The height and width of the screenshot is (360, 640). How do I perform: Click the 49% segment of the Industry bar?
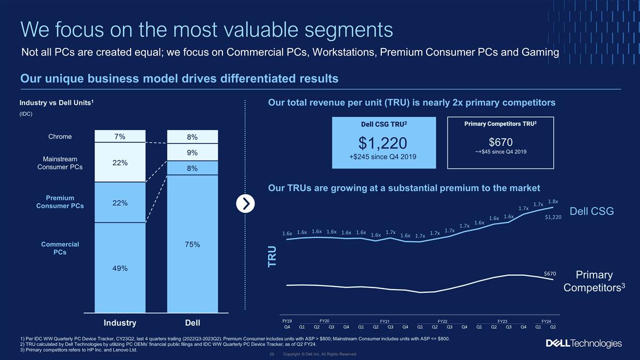tap(120, 268)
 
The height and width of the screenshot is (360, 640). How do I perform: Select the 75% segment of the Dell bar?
tap(193, 244)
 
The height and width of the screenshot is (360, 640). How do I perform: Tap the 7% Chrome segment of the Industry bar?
tap(120, 137)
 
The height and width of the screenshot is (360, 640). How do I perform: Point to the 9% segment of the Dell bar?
tap(193, 153)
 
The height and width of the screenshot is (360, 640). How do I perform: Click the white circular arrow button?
tap(245, 204)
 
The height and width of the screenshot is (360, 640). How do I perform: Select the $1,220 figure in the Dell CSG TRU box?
tap(382, 143)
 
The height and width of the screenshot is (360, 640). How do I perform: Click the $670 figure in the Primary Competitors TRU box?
tap(501, 142)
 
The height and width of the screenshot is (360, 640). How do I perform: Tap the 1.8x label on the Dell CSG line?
tap(553, 202)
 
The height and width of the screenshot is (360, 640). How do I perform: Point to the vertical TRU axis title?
tap(272, 257)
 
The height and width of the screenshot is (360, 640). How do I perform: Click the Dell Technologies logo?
tap(583, 343)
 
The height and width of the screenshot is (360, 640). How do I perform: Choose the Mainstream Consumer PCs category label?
tap(60, 163)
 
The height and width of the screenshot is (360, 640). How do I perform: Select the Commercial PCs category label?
tap(60, 248)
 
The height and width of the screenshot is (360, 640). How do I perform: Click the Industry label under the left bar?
tap(120, 323)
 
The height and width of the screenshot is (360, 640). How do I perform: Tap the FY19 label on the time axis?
tap(287, 321)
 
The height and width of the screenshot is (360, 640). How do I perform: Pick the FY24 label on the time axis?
tap(546, 321)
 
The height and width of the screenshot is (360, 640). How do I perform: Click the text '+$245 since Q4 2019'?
tap(382, 157)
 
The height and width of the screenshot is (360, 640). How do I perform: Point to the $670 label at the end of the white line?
tap(550, 274)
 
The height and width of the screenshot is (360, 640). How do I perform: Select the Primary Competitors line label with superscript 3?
tap(594, 281)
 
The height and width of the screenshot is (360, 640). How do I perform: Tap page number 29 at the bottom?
tap(271, 354)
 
